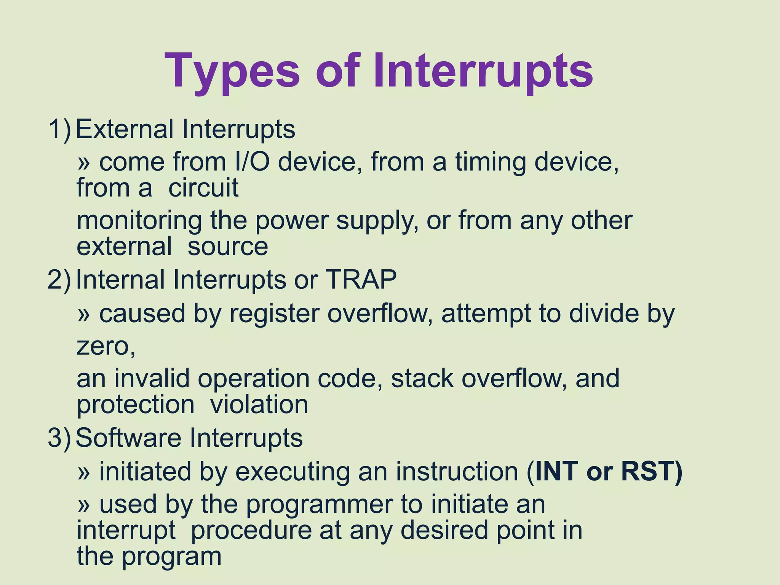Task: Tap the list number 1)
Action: (x=59, y=129)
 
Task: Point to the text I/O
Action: (x=253, y=161)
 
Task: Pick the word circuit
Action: (x=203, y=188)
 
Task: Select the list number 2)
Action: (x=59, y=280)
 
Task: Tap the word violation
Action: (x=259, y=404)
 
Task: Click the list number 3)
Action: (x=59, y=438)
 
